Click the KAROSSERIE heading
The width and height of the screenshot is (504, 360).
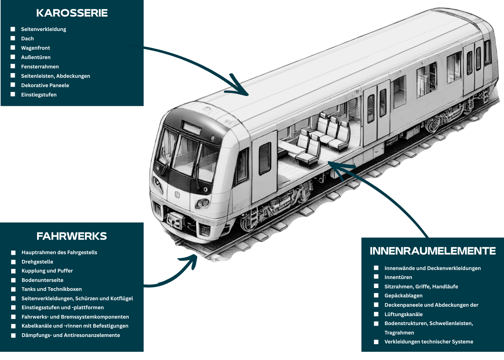(x=72, y=13)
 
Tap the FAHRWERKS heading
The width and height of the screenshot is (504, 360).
(x=72, y=236)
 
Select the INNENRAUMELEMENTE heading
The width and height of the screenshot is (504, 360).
(x=432, y=251)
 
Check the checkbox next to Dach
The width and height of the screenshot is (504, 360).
(x=13, y=38)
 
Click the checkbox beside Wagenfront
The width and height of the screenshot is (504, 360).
(x=13, y=48)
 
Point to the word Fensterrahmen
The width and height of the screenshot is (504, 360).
(x=40, y=67)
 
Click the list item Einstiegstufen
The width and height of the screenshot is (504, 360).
(x=39, y=95)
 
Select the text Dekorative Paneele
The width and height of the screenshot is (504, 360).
(x=45, y=85)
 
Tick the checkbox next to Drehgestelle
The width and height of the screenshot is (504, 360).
(x=13, y=262)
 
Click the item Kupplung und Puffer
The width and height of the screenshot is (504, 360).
(x=47, y=271)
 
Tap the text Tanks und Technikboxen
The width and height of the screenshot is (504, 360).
(x=51, y=289)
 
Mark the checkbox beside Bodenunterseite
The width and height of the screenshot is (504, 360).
(x=13, y=280)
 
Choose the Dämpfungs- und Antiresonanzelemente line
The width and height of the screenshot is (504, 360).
(x=71, y=335)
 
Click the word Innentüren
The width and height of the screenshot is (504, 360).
(x=398, y=277)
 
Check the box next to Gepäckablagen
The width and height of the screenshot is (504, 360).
(x=376, y=296)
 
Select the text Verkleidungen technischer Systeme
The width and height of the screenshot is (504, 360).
(x=429, y=342)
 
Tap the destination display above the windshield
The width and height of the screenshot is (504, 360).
(x=191, y=128)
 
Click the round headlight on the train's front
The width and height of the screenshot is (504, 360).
(x=202, y=203)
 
